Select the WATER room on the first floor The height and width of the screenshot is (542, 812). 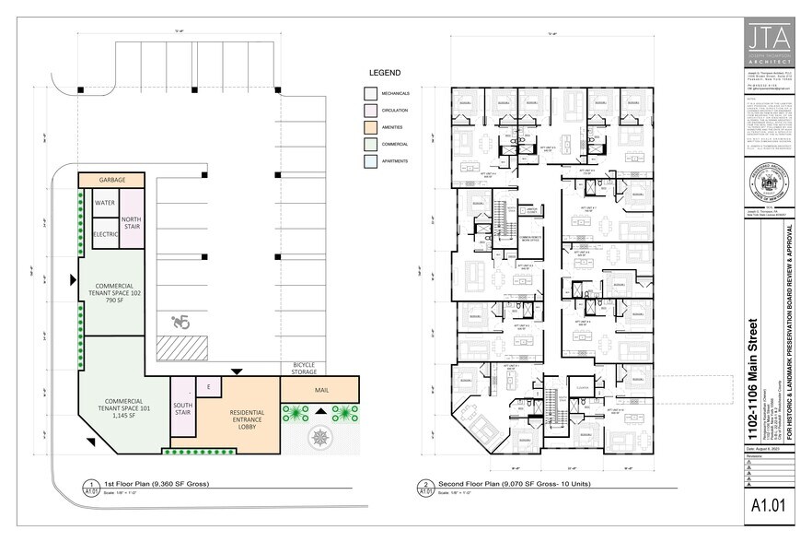click(105, 203)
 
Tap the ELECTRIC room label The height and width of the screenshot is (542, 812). click(105, 234)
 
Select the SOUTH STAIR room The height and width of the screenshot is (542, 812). click(184, 410)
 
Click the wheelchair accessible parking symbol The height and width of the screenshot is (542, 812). click(180, 323)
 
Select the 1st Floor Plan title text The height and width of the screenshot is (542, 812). click(157, 483)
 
